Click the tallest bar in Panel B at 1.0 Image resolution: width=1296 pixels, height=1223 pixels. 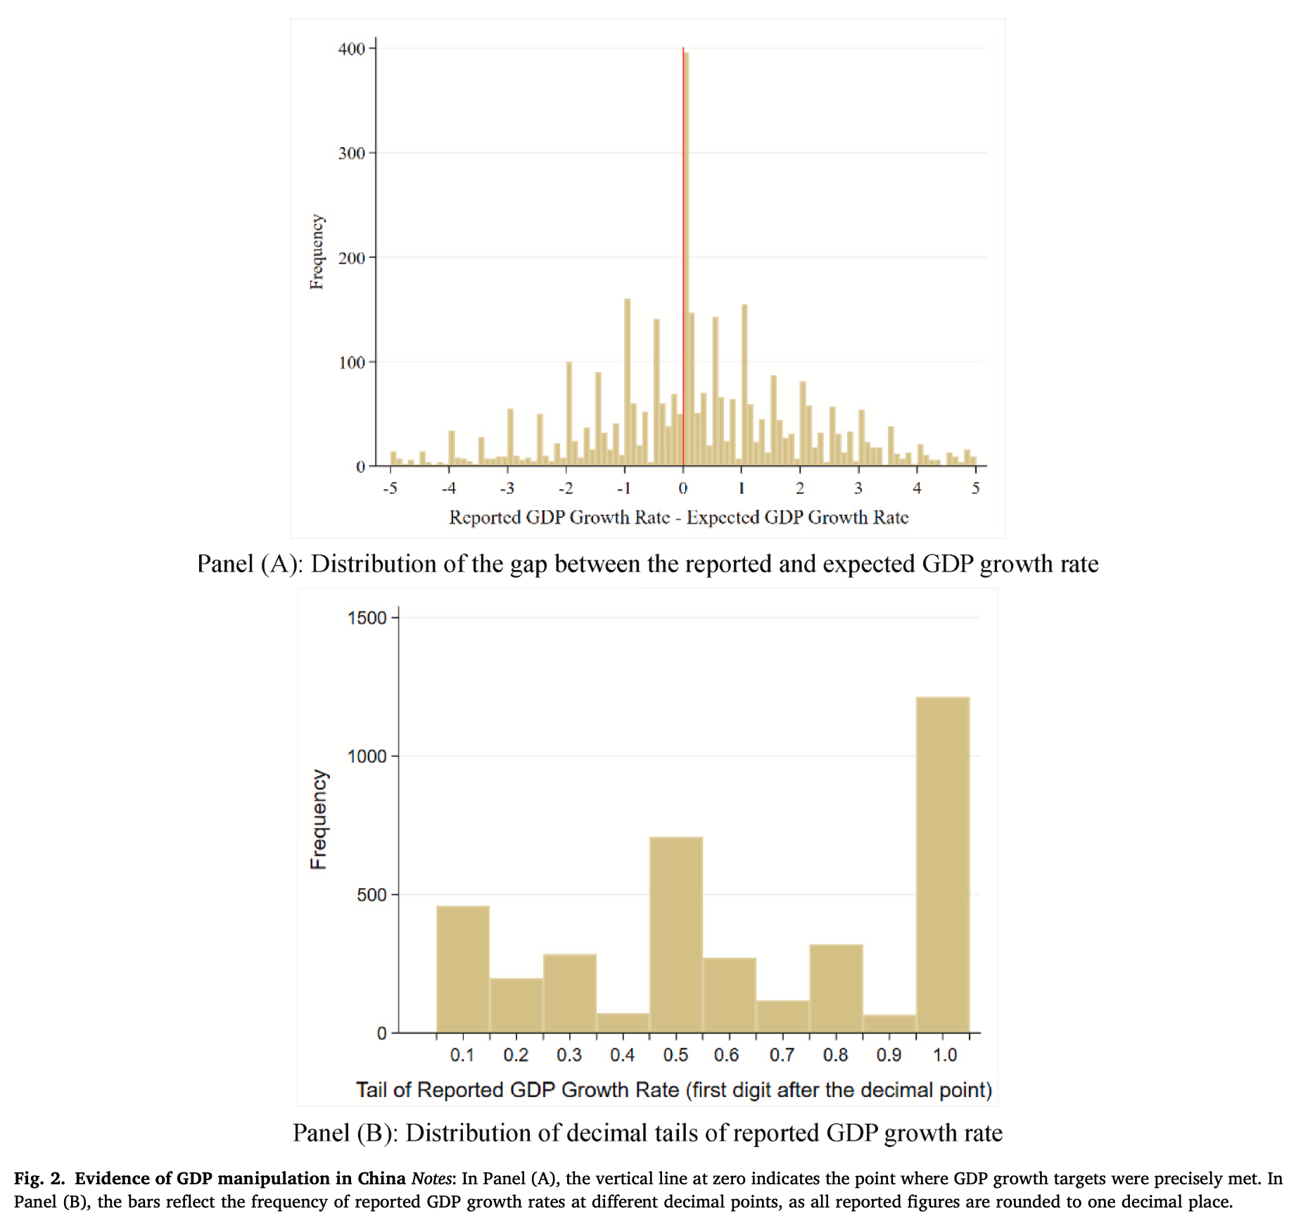[x=943, y=865]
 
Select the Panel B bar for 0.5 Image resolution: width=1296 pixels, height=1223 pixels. [x=676, y=934]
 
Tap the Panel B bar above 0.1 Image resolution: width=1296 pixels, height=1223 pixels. [x=463, y=969]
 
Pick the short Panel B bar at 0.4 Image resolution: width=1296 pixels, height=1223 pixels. [x=623, y=1023]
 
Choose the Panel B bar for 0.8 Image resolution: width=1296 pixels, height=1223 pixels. [x=837, y=989]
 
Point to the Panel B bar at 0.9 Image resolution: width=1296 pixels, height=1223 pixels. [x=890, y=1024]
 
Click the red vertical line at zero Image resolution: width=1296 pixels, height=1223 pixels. [x=682, y=257]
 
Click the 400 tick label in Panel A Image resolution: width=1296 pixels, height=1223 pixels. [x=351, y=49]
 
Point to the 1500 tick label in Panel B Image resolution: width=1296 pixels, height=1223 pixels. [x=367, y=618]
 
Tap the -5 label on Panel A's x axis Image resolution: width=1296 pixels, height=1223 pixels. [x=390, y=488]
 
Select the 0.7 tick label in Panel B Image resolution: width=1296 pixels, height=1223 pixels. [x=782, y=1055]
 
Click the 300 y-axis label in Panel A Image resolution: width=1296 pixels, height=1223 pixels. [x=351, y=153]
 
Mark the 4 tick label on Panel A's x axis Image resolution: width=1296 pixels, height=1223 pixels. [x=917, y=488]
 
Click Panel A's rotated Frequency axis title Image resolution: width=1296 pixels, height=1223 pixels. [x=317, y=252]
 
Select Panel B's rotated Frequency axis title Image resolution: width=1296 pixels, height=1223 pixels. [x=319, y=819]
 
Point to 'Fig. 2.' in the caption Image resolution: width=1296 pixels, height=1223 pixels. [x=40, y=1179]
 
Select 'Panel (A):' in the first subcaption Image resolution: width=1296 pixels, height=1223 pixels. [x=250, y=564]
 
